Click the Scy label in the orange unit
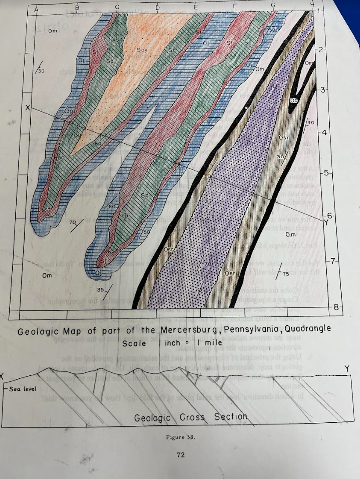click(141, 50)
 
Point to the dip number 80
click(98, 143)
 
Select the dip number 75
click(286, 274)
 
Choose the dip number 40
click(311, 122)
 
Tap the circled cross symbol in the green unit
click(125, 216)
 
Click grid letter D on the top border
click(157, 7)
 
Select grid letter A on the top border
click(36, 8)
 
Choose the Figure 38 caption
click(180, 437)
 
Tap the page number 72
click(180, 455)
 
